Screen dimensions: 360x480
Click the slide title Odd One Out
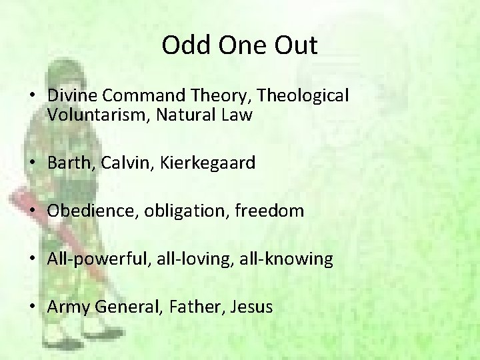(x=239, y=45)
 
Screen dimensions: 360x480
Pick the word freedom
(x=270, y=211)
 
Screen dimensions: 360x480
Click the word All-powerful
(x=98, y=259)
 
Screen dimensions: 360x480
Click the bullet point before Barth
(x=32, y=163)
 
